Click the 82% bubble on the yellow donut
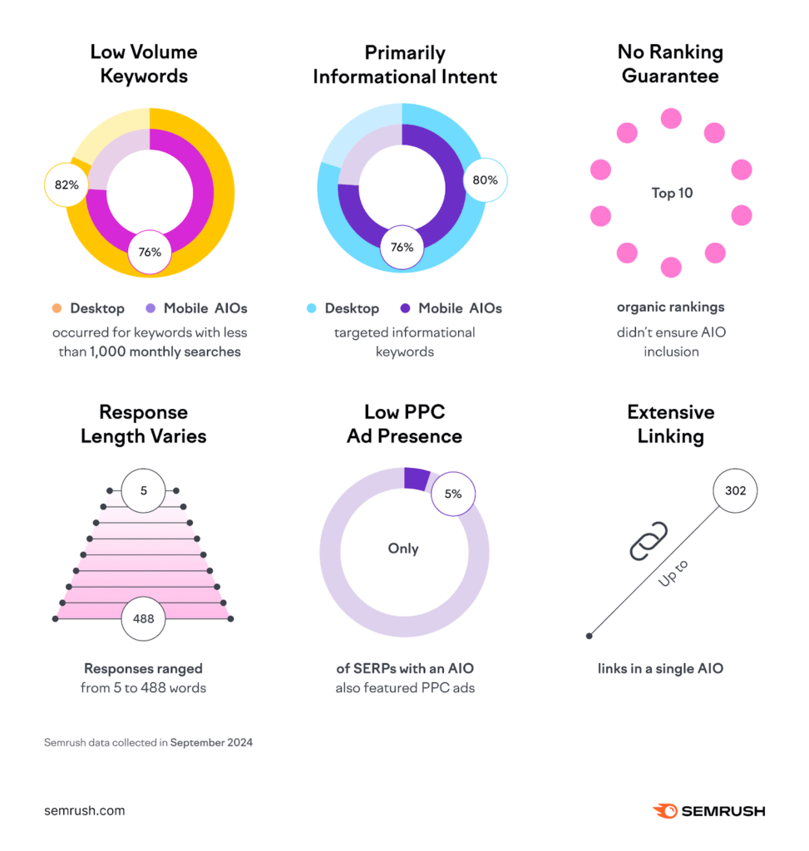67,184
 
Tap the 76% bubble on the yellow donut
150,251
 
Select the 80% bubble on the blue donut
485,180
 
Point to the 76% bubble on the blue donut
402,247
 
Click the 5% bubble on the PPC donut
452,494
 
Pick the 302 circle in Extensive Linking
735,490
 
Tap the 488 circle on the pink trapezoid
143,618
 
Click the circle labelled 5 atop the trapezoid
143,490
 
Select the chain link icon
649,541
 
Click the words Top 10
672,193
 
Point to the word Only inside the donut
403,548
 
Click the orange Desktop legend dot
57,308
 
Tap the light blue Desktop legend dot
312,308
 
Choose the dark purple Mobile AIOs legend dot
405,308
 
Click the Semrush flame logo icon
665,810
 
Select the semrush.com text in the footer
84,810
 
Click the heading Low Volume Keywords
144,64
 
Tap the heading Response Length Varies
143,424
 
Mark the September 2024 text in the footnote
211,742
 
